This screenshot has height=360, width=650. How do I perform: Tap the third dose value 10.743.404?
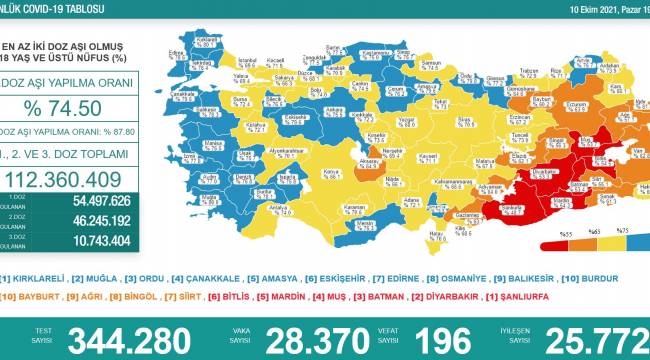click(90, 240)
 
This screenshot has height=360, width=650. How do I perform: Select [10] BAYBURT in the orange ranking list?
click(27, 298)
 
